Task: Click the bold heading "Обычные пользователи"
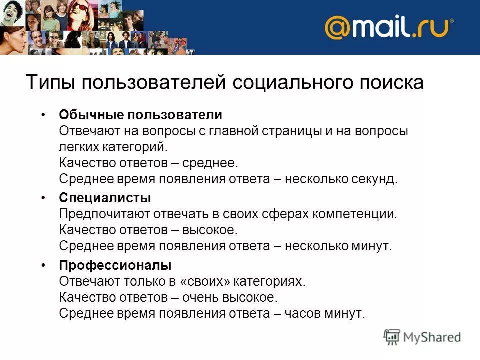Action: (x=140, y=115)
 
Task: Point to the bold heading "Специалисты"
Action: (x=105, y=198)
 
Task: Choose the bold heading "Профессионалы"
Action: (x=115, y=265)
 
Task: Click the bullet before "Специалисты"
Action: (x=44, y=198)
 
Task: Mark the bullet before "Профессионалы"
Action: (x=44, y=265)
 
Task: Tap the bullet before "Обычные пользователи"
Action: (x=44, y=115)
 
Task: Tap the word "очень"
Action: (x=200, y=297)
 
